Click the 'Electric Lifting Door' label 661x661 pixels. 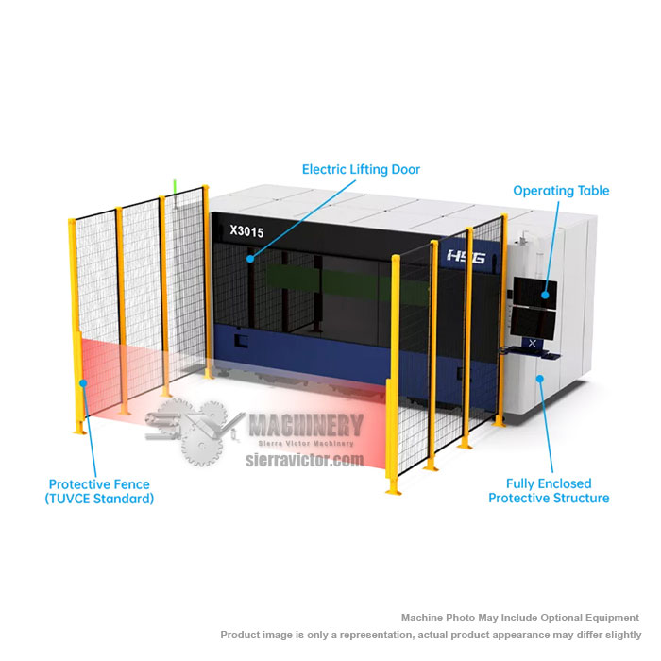coord(361,169)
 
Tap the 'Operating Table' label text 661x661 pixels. coord(561,191)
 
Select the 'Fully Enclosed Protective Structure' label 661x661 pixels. coord(549,491)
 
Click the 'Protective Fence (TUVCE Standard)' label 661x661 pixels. coord(99,492)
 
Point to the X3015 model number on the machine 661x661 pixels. coord(246,231)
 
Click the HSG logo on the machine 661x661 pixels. coord(466,256)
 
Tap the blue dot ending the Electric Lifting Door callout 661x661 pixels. coord(250,259)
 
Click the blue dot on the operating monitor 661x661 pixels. coord(545,295)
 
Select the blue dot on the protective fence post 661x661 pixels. coord(83,382)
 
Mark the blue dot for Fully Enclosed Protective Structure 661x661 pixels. coord(539,379)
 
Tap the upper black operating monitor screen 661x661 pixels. coord(535,293)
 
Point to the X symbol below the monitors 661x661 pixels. coord(532,343)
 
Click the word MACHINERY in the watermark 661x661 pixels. coord(306,425)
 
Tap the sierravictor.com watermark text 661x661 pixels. coord(304,460)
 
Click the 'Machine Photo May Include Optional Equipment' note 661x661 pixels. coord(519,618)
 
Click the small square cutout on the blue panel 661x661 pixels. coord(241,341)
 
